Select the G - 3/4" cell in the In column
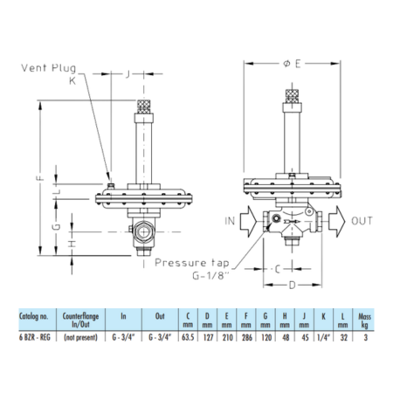122,335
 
